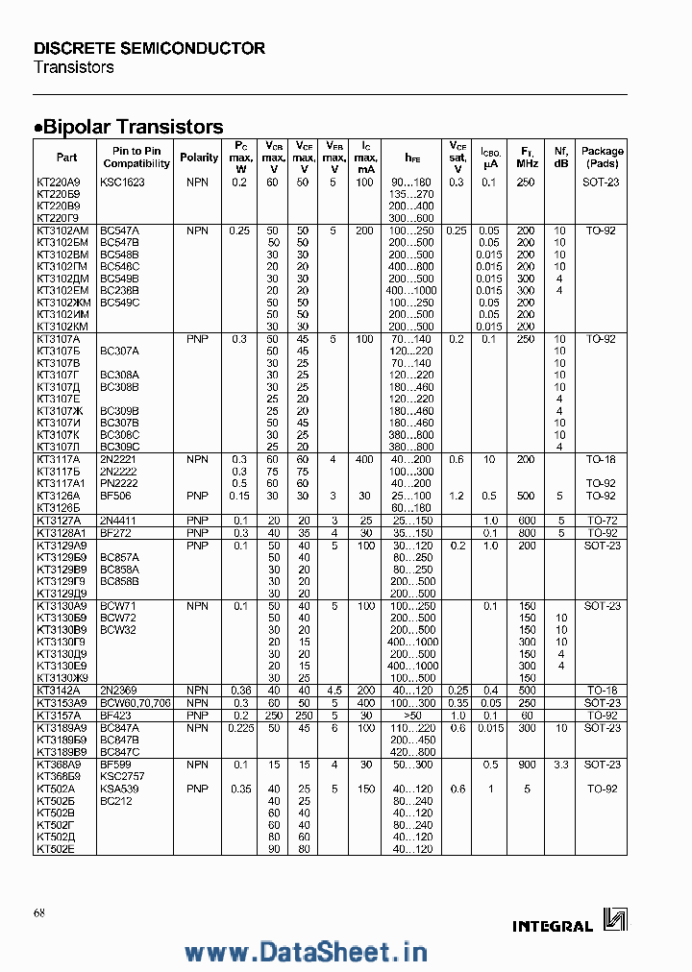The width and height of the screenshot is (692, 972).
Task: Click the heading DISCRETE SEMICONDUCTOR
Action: pyautogui.click(x=149, y=48)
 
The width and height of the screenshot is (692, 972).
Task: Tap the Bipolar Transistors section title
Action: pyautogui.click(x=130, y=127)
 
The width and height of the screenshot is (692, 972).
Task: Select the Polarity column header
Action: pyautogui.click(x=199, y=158)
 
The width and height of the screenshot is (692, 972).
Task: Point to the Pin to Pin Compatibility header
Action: pyautogui.click(x=136, y=158)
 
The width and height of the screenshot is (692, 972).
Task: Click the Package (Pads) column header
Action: pyautogui.click(x=603, y=158)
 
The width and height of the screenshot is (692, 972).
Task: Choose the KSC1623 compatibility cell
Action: pyautogui.click(x=122, y=182)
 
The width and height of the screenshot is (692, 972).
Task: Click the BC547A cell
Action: pyautogui.click(x=120, y=231)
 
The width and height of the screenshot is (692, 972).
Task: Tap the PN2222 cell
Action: pyautogui.click(x=119, y=483)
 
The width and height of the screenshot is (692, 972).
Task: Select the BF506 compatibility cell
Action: pyautogui.click(x=115, y=496)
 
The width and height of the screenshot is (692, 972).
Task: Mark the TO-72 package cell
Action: pyautogui.click(x=602, y=520)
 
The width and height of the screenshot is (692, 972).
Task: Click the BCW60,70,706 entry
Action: pyautogui.click(x=134, y=703)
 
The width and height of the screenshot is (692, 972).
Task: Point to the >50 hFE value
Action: pyautogui.click(x=412, y=716)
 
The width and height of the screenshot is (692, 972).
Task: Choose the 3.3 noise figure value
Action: pyautogui.click(x=560, y=764)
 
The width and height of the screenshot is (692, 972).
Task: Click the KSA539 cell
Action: pyautogui.click(x=119, y=788)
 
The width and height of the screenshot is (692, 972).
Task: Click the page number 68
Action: pyautogui.click(x=39, y=911)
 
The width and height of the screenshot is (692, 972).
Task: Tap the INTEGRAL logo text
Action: pyautogui.click(x=553, y=926)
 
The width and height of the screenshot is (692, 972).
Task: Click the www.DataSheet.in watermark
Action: pyautogui.click(x=306, y=952)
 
